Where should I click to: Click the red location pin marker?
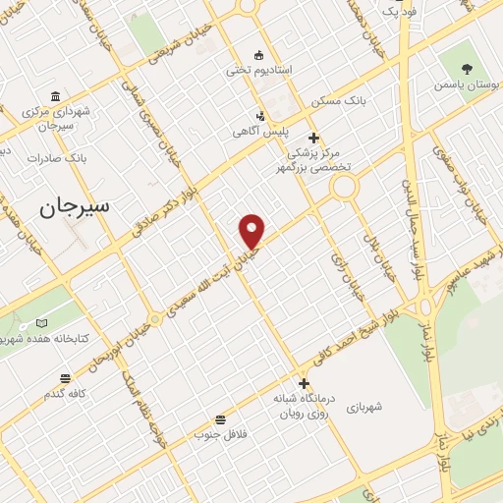click(252, 230)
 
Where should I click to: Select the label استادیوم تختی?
click(259, 70)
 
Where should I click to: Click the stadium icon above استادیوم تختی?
click(259, 54)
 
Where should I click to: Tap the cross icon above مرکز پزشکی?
click(313, 138)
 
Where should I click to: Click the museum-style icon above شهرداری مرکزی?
click(55, 96)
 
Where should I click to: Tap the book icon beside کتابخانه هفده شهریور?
click(41, 322)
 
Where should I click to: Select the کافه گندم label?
click(66, 394)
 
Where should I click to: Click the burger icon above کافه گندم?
click(66, 378)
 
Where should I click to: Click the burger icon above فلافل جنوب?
click(220, 419)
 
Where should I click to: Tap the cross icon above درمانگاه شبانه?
click(304, 383)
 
